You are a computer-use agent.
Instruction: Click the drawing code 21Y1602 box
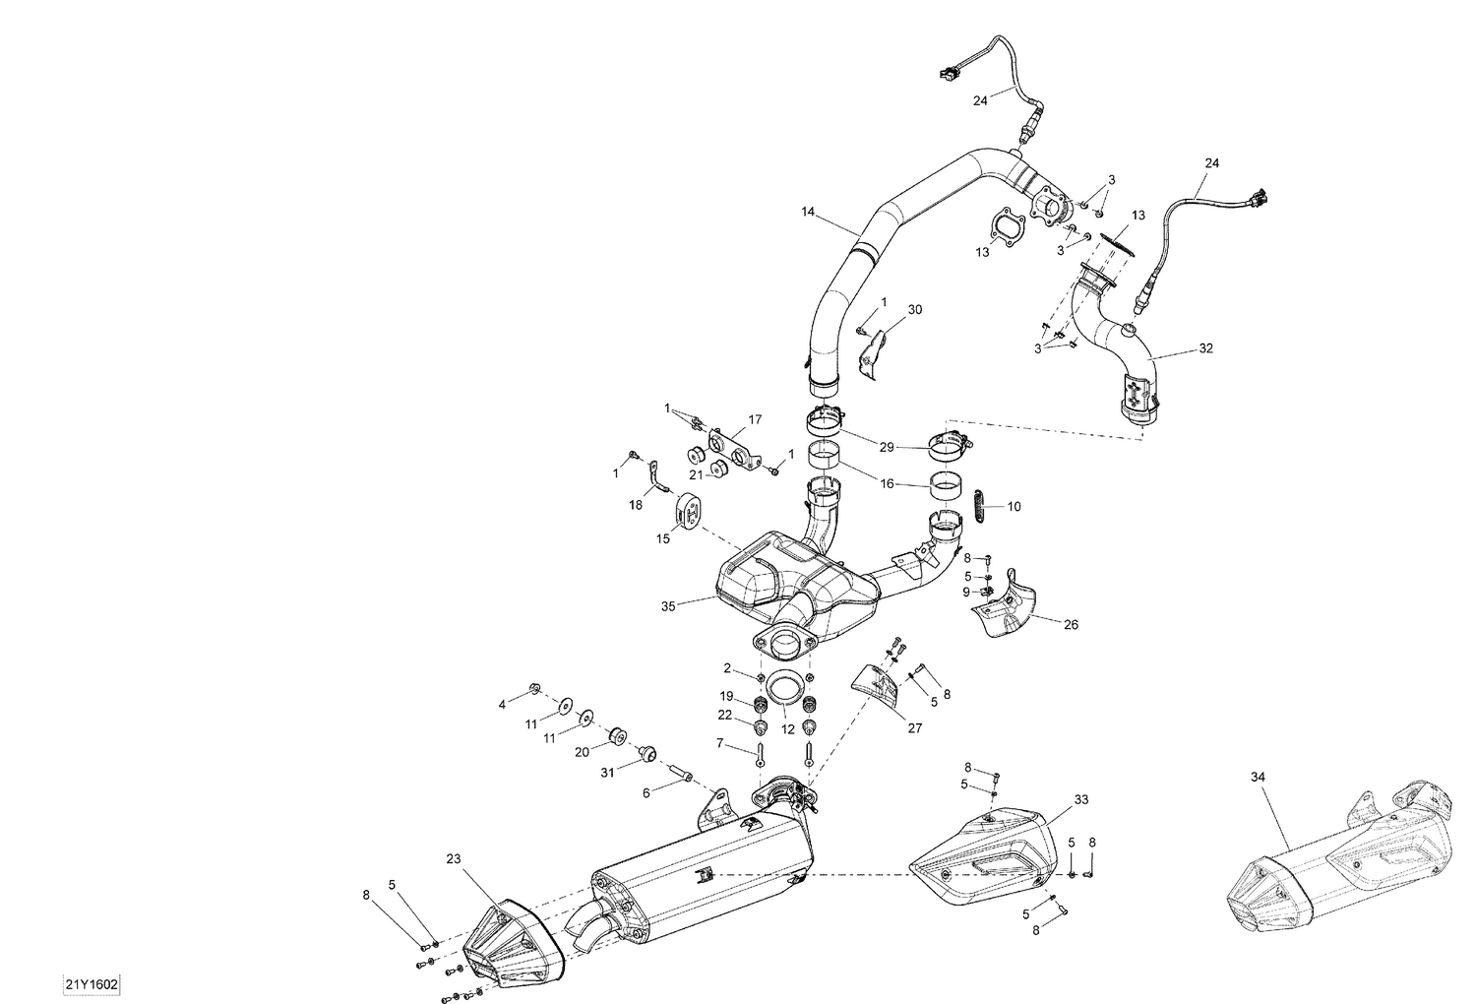92,984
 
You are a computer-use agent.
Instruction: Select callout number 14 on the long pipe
808,212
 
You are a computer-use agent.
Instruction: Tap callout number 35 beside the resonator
669,607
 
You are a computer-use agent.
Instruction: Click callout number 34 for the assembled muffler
1258,777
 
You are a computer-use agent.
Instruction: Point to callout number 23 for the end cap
453,858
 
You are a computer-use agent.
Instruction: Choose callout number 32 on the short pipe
1205,348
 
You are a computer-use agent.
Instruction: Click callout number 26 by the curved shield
1071,624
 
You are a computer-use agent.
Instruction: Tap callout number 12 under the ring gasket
787,730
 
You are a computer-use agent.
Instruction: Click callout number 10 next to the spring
1014,507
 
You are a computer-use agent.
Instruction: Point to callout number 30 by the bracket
914,309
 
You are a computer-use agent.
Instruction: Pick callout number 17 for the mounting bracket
755,419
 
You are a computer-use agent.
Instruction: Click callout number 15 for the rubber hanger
664,538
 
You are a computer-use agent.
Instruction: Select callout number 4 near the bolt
502,704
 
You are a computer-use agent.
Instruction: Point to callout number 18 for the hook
636,505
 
